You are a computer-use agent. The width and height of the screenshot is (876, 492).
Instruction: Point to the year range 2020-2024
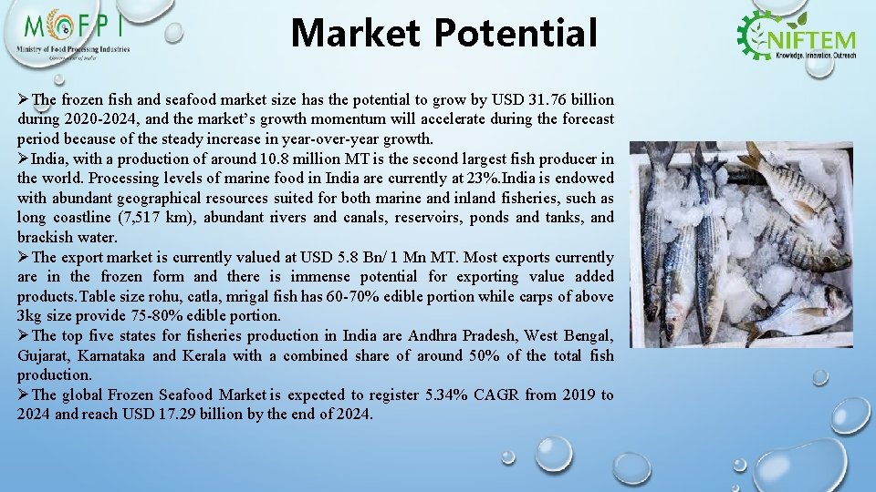click(x=95, y=119)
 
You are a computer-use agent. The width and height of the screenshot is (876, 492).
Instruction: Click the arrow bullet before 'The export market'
click(x=24, y=257)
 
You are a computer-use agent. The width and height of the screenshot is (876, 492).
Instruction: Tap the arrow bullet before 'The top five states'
click(x=24, y=336)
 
